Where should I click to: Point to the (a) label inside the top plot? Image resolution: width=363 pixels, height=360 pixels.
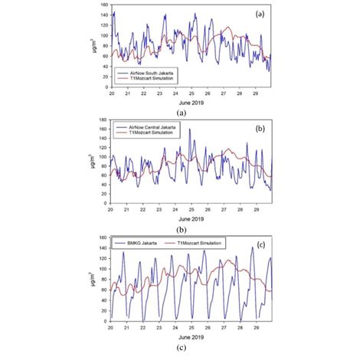[259, 15]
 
